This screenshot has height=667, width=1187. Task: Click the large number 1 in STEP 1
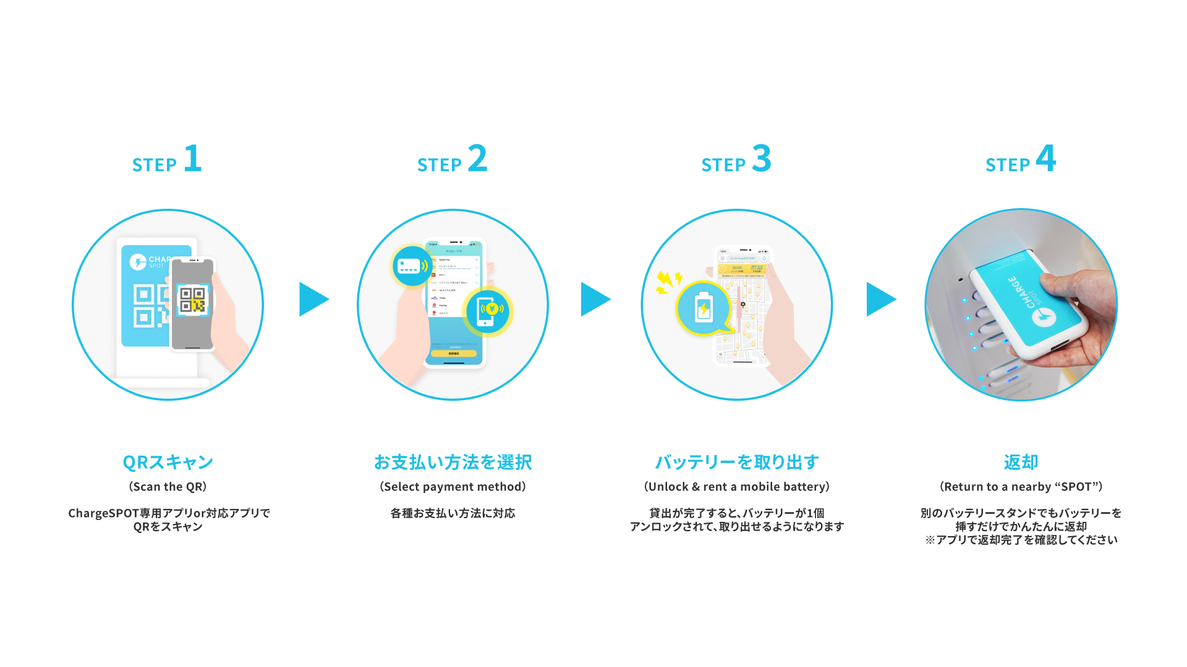193,159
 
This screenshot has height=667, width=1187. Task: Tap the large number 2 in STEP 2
477,159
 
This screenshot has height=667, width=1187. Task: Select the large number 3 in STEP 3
762,159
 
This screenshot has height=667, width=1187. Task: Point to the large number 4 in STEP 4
1046,159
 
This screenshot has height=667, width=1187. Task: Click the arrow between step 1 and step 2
313,300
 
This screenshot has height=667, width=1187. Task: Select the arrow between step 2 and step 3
594,300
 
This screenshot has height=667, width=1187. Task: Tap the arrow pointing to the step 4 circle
880,300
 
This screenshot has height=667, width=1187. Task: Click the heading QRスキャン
168,462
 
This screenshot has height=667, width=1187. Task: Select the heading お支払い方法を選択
453,462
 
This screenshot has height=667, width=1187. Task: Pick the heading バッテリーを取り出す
737,462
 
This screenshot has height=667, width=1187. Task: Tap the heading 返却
1021,462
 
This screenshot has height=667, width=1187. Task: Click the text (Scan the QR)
168,487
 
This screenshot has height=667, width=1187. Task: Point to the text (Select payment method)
453,487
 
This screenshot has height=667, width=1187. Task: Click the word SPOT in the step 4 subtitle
1076,487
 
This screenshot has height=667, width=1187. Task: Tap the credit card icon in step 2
412,266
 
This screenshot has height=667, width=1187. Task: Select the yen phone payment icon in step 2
488,310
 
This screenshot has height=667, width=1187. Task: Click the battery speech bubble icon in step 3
704,308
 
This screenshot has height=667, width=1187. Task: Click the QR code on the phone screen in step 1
192,300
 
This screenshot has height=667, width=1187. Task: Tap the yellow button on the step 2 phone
454,354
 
